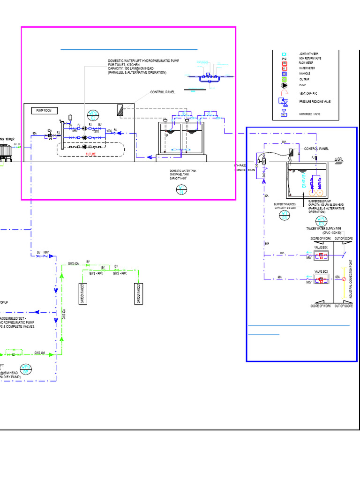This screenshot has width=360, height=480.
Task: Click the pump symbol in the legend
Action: (x=284, y=85)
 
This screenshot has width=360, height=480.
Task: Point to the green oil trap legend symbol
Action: (x=284, y=79)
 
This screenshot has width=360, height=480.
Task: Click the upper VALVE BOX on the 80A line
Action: (x=322, y=255)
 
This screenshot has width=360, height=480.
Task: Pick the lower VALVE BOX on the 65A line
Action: (x=322, y=280)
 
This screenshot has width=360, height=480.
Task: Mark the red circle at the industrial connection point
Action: (x=344, y=279)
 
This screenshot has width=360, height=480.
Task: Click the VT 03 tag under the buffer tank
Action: (x=284, y=215)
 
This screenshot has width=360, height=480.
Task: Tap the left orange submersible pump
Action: (x=310, y=192)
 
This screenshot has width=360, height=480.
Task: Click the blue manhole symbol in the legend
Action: (x=284, y=74)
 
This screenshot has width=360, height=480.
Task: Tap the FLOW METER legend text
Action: (x=307, y=63)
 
